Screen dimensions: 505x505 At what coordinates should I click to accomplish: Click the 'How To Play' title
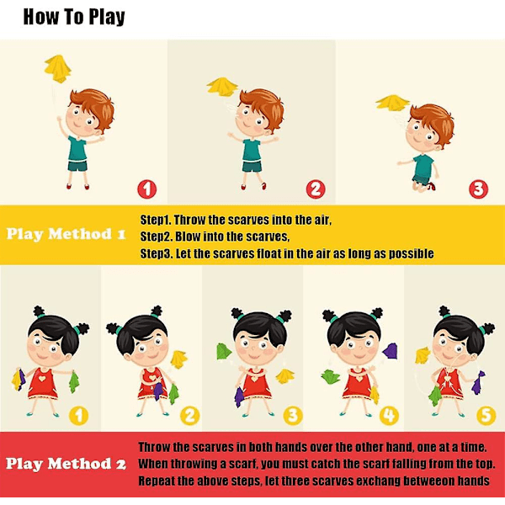point(74,17)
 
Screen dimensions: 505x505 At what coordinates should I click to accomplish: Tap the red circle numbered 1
point(146,189)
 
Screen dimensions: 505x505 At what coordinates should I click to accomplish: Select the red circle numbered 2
point(316,189)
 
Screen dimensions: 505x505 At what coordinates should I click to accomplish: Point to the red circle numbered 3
point(478,189)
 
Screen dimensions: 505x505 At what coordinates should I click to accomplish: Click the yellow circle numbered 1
point(78,416)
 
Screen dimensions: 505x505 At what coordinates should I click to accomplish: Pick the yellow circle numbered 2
point(189,416)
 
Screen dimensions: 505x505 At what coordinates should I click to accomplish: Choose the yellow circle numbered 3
point(293,416)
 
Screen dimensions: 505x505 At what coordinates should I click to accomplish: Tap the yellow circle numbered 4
point(389,416)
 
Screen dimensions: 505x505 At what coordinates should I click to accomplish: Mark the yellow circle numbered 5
point(486,416)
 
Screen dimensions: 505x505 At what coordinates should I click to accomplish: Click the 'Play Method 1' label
point(66,234)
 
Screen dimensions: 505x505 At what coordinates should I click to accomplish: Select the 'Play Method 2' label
point(66,464)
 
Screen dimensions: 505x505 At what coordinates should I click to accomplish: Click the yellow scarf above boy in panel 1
point(57,69)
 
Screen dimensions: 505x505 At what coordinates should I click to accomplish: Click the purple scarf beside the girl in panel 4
point(390,351)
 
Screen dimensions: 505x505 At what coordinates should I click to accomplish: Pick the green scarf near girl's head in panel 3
point(224,351)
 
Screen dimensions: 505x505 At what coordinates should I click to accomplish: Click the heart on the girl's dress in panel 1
point(42,379)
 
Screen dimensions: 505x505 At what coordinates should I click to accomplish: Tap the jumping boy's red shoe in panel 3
point(433,186)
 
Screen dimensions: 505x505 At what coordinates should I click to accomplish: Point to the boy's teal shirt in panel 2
point(251,150)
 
